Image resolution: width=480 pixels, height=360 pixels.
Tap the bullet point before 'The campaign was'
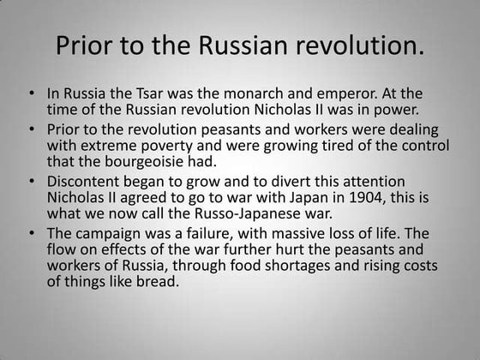point(33,233)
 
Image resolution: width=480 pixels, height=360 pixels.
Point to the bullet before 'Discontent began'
point(33,182)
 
